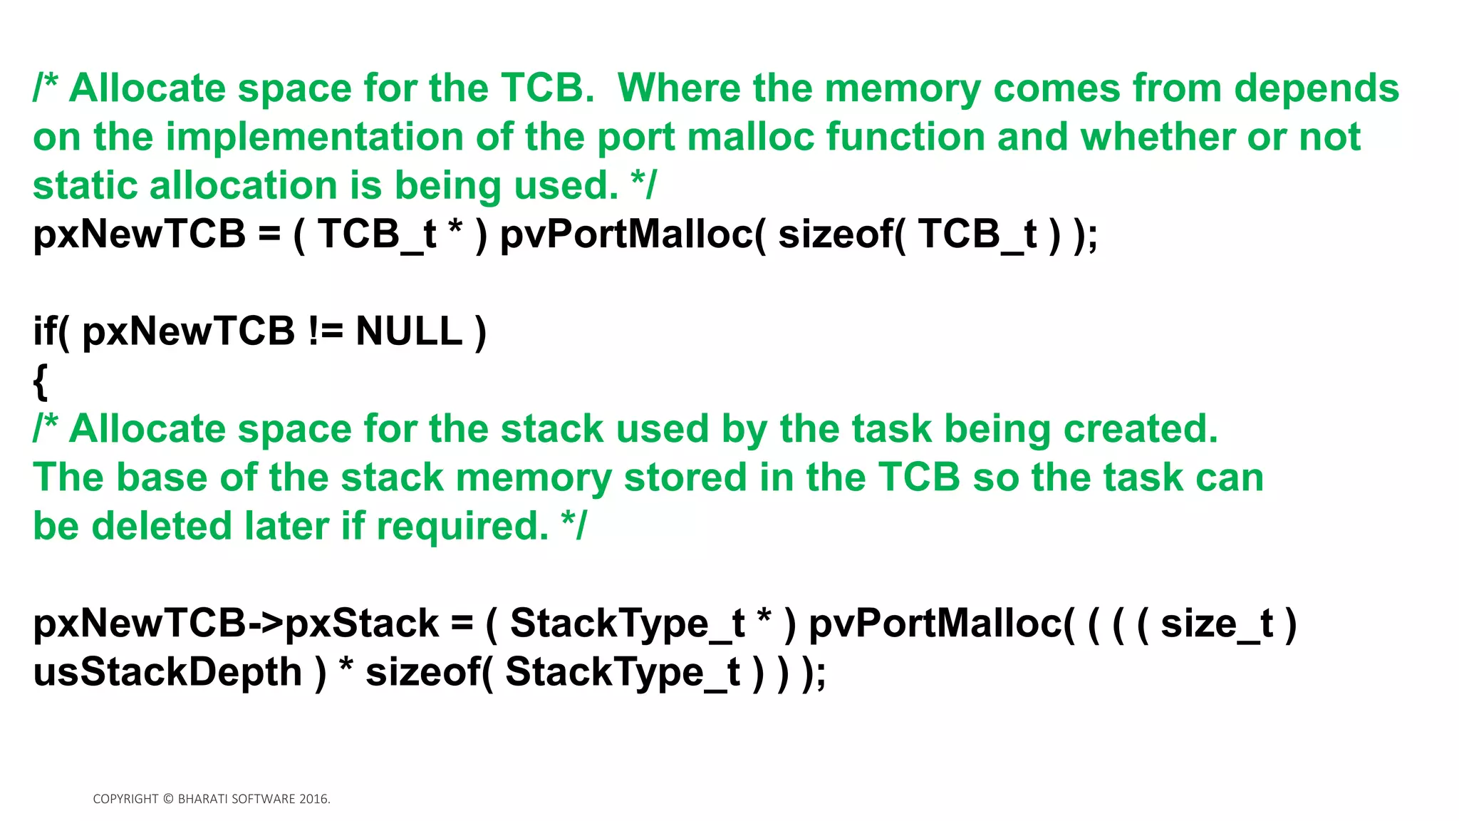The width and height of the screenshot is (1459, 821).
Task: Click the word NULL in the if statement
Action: (409, 331)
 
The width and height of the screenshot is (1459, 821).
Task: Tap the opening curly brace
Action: (41, 381)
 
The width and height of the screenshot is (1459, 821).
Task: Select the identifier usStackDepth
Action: (167, 672)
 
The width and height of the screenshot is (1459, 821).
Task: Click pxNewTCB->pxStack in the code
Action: (235, 624)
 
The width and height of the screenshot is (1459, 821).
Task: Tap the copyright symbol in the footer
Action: (168, 799)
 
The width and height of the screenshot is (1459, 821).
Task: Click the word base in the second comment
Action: (162, 477)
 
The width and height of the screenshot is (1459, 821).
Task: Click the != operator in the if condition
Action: (326, 331)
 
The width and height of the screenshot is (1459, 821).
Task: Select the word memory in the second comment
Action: (534, 477)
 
